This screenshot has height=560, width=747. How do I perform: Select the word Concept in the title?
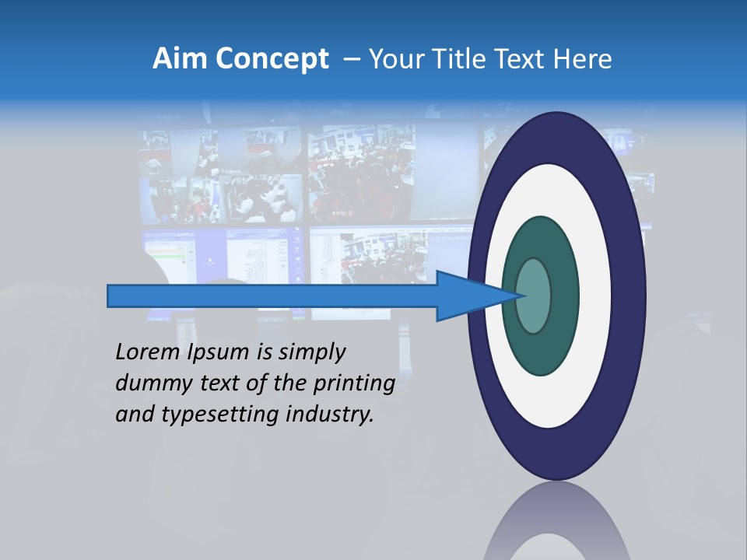272,60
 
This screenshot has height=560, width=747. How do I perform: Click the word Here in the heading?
584,59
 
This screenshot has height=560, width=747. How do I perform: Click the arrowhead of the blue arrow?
482,296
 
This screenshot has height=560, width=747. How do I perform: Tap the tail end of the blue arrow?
113,296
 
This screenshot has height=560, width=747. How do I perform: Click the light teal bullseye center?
534,296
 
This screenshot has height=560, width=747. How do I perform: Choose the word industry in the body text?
330,415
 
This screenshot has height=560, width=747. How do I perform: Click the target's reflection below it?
556,525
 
